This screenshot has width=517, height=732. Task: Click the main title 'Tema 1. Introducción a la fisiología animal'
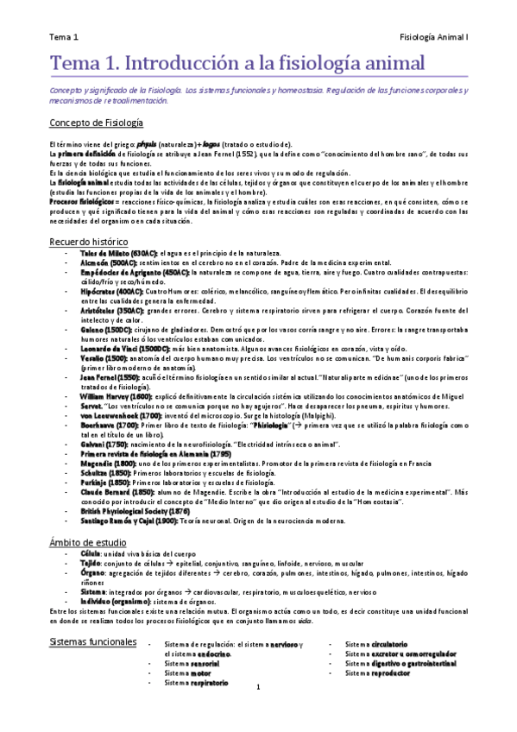[237, 64]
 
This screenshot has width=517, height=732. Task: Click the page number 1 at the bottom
[258, 688]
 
